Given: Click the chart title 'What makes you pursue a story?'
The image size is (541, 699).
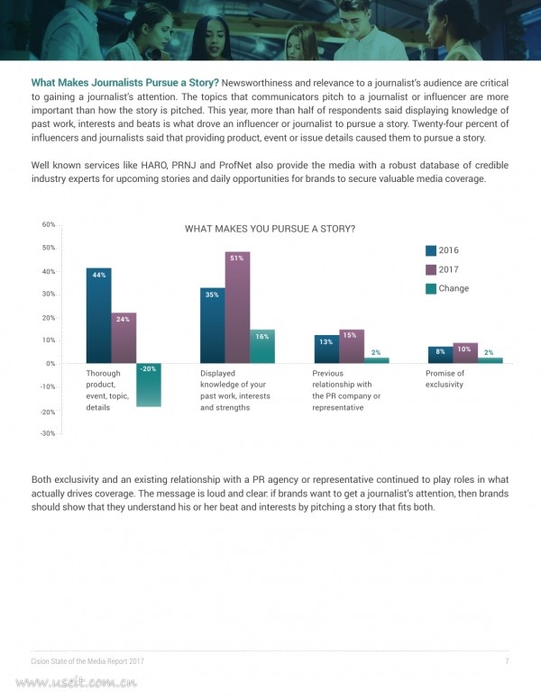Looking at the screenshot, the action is click(x=270, y=229).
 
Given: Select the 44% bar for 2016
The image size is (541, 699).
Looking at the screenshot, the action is click(x=98, y=315).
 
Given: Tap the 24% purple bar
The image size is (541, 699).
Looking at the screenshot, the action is click(x=124, y=338).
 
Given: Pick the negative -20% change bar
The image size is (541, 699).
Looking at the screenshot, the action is click(x=149, y=385).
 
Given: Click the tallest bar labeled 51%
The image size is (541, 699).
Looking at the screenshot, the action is click(x=237, y=307).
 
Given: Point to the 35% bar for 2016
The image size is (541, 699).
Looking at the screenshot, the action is click(x=213, y=325).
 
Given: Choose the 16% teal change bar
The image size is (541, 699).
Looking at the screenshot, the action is click(x=262, y=347).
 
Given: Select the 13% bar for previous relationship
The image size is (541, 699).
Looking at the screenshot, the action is click(x=326, y=349).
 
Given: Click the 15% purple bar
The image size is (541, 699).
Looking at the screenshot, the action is click(x=352, y=347).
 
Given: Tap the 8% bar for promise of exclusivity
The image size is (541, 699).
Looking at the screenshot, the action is click(x=441, y=355).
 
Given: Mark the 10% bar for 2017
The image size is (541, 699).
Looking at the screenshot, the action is click(x=465, y=353).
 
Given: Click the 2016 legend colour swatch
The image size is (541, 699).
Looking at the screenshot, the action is click(x=431, y=250).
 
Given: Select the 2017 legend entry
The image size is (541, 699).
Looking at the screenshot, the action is click(x=443, y=269).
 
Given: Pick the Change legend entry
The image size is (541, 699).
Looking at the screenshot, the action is click(x=447, y=288).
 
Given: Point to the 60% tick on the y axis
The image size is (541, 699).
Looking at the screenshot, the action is click(x=49, y=224).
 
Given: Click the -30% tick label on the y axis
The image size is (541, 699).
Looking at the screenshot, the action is click(x=48, y=433).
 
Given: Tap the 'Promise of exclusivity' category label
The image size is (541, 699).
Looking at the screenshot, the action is click(x=445, y=379).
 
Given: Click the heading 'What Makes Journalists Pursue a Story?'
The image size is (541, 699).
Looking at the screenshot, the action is click(x=125, y=83).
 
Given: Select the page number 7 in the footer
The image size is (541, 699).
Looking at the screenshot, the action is click(x=507, y=660).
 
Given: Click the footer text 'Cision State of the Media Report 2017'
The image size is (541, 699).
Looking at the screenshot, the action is click(x=87, y=661).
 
